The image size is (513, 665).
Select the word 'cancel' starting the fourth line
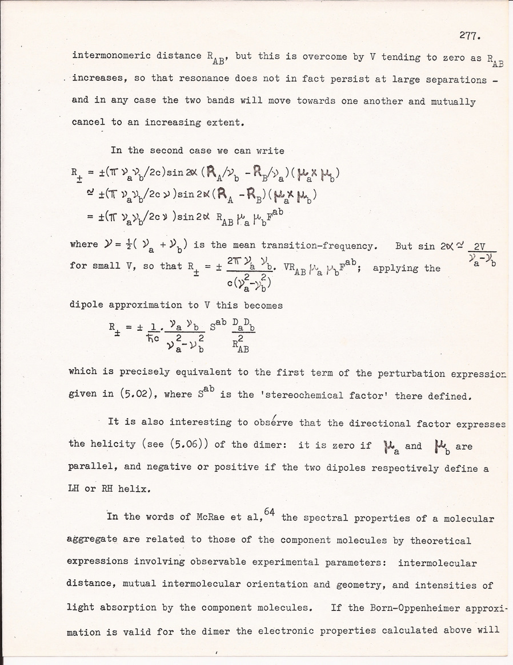(x=88, y=122)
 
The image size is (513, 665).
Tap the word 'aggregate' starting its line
(x=93, y=540)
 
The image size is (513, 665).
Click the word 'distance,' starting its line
(x=93, y=586)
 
